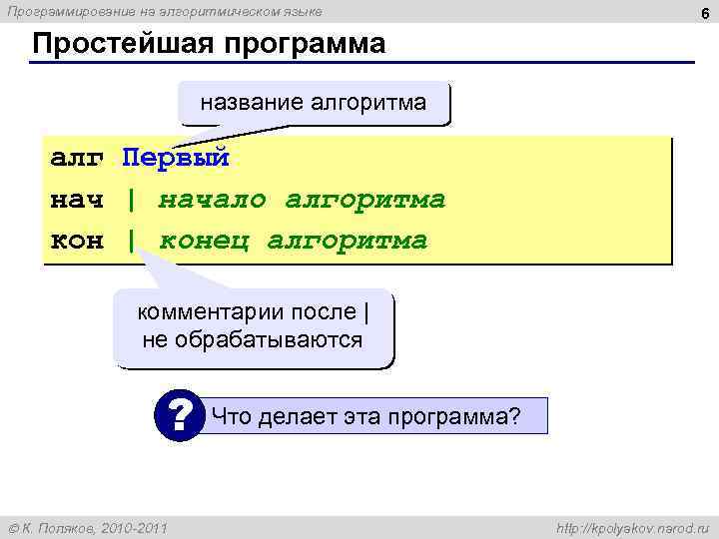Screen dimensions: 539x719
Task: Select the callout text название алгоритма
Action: (x=314, y=102)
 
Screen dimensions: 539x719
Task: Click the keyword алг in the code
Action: (x=77, y=158)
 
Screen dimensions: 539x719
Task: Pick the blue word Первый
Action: (x=176, y=158)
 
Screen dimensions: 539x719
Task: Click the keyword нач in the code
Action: (x=77, y=200)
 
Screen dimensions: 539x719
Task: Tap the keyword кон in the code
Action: (x=77, y=242)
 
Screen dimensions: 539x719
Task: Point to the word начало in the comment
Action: (x=212, y=200)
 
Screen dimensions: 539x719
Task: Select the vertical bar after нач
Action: (x=131, y=200)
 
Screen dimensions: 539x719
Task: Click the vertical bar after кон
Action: (x=131, y=242)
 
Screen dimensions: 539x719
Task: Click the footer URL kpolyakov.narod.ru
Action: (x=631, y=527)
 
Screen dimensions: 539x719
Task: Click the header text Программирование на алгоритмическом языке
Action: (x=165, y=11)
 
